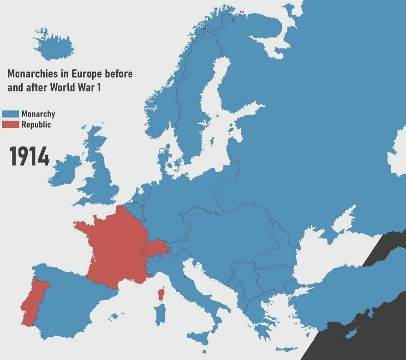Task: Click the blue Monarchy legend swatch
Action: click(x=10, y=114)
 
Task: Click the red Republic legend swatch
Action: click(x=10, y=125)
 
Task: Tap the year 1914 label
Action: click(x=30, y=157)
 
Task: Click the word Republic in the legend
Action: click(x=36, y=125)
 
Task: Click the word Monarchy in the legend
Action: click(x=38, y=114)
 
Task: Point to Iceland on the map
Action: click(x=54, y=45)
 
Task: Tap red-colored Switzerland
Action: click(x=155, y=248)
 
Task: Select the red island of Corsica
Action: click(x=161, y=294)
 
